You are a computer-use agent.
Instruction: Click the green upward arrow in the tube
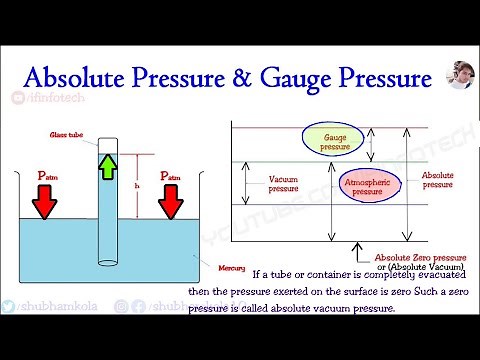[x=108, y=164]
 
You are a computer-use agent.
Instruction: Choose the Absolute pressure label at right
[x=437, y=179]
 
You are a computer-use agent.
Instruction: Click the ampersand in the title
[x=243, y=77]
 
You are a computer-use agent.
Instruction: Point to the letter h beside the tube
[x=135, y=184]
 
